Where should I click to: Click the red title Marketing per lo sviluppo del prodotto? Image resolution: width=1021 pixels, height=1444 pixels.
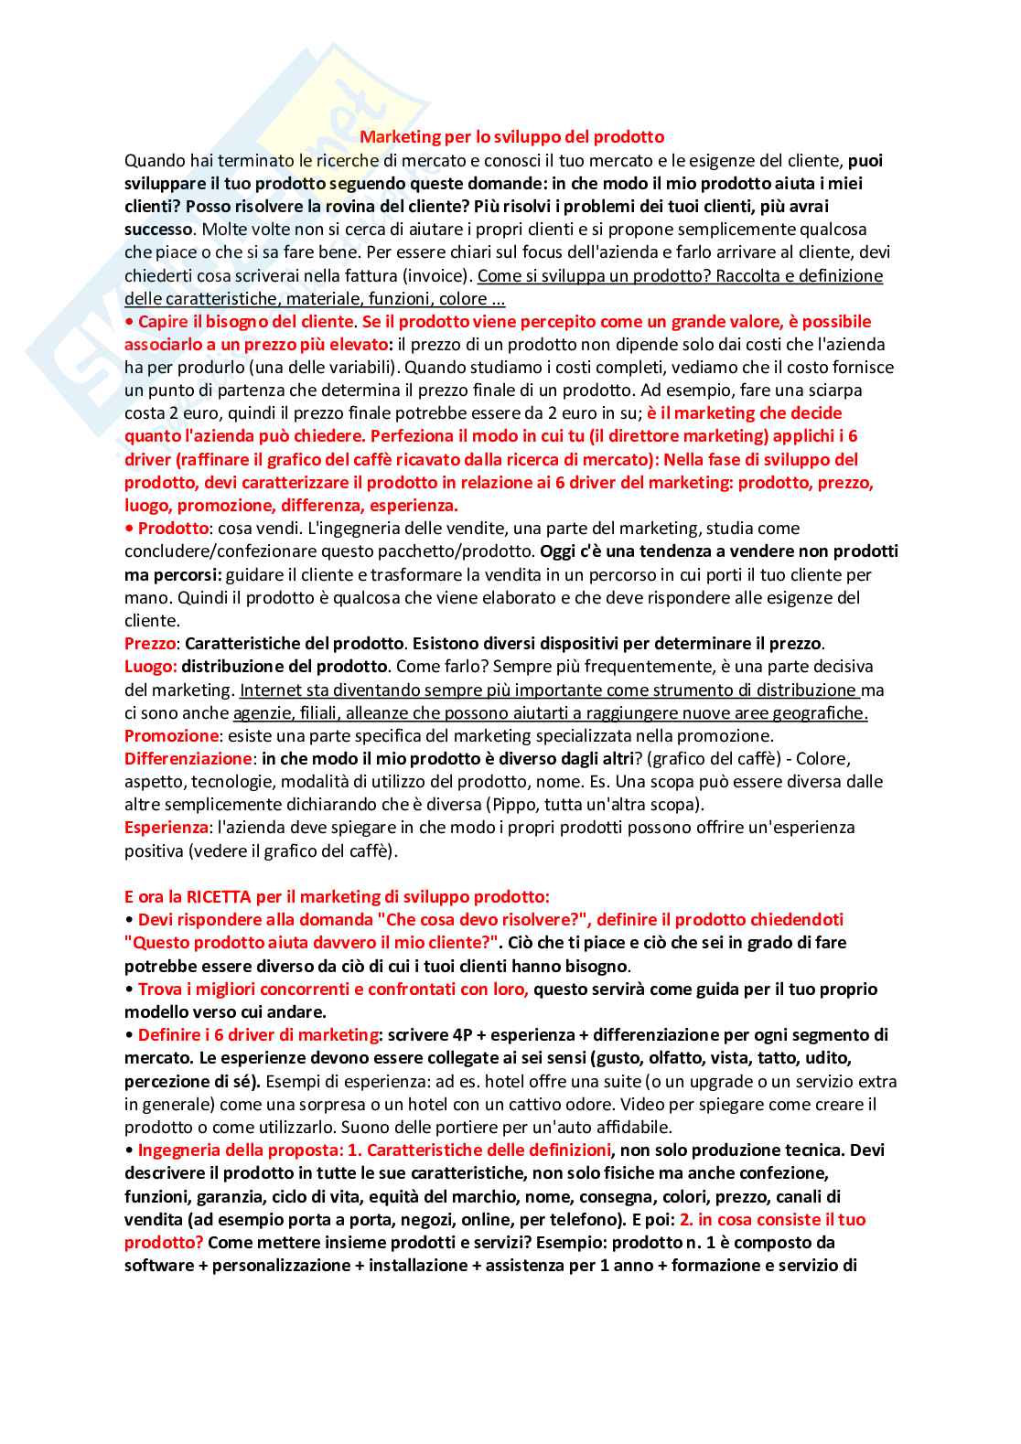pyautogui.click(x=511, y=137)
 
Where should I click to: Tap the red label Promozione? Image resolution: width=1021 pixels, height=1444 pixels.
pyautogui.click(x=171, y=736)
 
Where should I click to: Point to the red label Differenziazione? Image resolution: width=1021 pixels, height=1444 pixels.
pyautogui.click(x=188, y=759)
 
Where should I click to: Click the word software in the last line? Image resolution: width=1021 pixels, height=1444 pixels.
pyautogui.click(x=158, y=1266)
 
